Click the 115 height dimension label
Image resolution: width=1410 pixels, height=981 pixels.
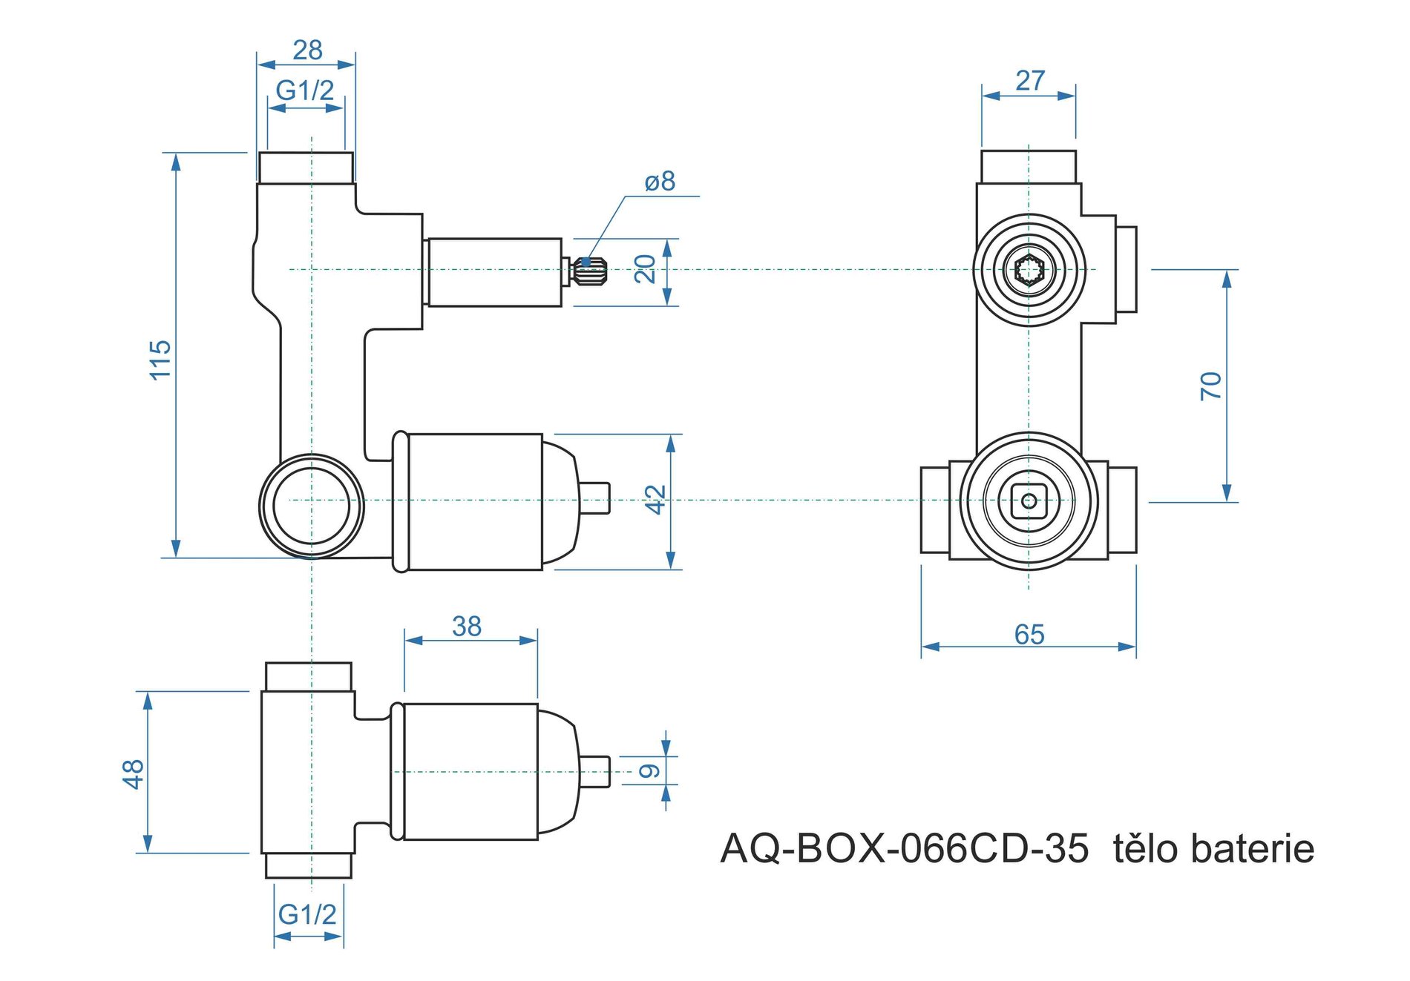pos(160,360)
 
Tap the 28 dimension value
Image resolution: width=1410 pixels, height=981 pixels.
pos(307,50)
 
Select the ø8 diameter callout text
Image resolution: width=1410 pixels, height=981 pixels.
pos(660,181)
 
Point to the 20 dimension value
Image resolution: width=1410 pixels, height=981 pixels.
pos(645,268)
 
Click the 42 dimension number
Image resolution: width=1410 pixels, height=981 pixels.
pos(655,499)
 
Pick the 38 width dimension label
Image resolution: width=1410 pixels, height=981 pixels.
pos(467,627)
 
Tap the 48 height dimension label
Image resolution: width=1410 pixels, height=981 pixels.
pos(133,773)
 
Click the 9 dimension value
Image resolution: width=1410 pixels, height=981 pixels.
pos(649,771)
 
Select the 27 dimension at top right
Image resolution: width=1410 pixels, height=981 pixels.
pos(1030,81)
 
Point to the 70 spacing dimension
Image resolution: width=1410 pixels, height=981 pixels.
pos(1210,386)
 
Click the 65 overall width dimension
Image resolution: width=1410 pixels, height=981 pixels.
pos(1029,635)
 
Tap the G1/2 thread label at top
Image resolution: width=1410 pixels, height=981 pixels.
pos(305,90)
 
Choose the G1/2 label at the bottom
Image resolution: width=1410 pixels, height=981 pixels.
pos(307,914)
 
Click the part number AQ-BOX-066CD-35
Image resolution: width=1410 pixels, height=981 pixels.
pos(904,849)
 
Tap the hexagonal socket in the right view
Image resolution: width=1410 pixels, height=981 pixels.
pos(1029,269)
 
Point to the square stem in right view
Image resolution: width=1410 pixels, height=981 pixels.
pos(1029,501)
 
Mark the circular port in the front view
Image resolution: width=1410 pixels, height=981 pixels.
pos(312,506)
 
